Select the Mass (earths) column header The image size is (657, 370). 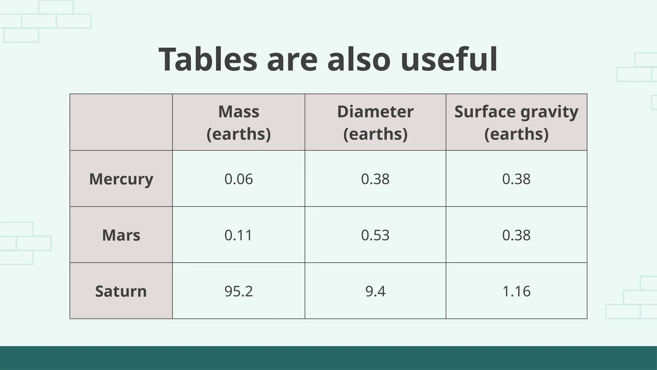(239, 122)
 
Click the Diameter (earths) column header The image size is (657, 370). (375, 122)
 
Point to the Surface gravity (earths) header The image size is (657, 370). (516, 122)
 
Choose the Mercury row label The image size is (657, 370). (121, 179)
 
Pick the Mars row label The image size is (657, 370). (121, 235)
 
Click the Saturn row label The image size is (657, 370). (121, 291)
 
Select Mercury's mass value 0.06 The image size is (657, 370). (239, 179)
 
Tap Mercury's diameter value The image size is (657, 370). (375, 179)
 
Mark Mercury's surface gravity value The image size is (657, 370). (516, 179)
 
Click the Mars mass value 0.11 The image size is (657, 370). (239, 235)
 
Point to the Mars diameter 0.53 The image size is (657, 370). (375, 235)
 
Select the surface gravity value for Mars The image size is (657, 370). (516, 235)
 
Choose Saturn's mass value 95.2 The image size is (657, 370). (239, 291)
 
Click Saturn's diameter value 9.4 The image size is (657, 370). (375, 291)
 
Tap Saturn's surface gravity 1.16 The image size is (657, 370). (516, 291)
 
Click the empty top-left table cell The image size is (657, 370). (121, 122)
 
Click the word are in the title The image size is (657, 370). (292, 60)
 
